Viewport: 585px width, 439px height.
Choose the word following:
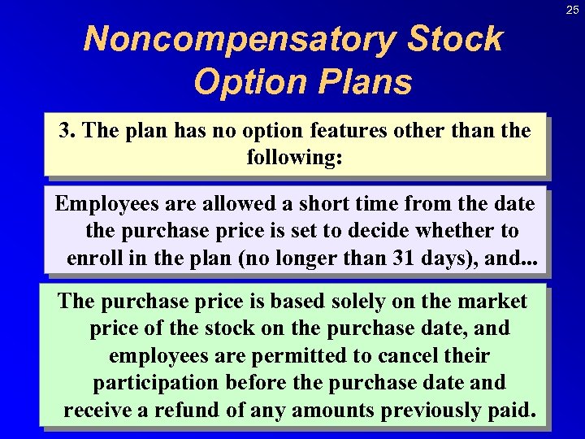294,157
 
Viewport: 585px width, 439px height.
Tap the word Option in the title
246,81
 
